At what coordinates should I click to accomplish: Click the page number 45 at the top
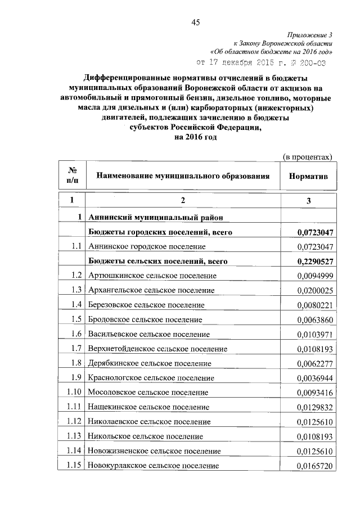[196, 22]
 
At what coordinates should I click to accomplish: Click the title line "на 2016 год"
[189, 138]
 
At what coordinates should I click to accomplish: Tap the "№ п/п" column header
[73, 175]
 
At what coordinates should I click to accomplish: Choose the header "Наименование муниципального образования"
[183, 176]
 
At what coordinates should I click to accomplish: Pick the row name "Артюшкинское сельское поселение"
[152, 276]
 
